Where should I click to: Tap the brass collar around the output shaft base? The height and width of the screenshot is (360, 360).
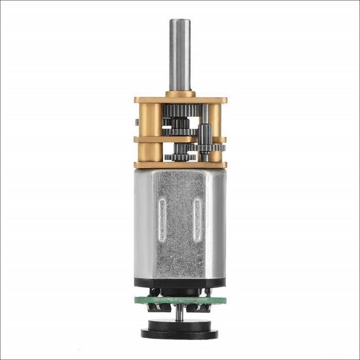pyautogui.click(x=181, y=94)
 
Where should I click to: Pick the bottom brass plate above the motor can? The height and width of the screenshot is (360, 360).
pyautogui.click(x=180, y=165)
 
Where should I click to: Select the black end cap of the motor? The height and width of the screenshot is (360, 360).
pyautogui.click(x=180, y=283)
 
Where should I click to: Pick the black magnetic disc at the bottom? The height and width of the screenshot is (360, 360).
pyautogui.click(x=180, y=329)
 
